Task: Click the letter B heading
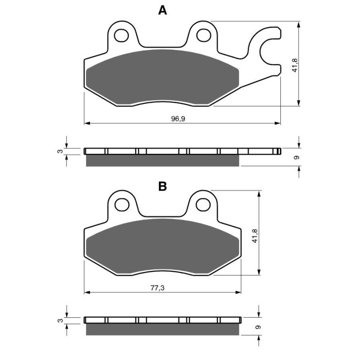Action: pos(162,186)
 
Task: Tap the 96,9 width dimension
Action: pos(178,119)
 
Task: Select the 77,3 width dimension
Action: pos(157,288)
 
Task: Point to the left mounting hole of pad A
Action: pos(121,35)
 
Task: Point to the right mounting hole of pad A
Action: pos(204,35)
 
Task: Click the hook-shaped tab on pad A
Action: pos(265,45)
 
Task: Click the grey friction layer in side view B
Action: pos(162,329)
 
